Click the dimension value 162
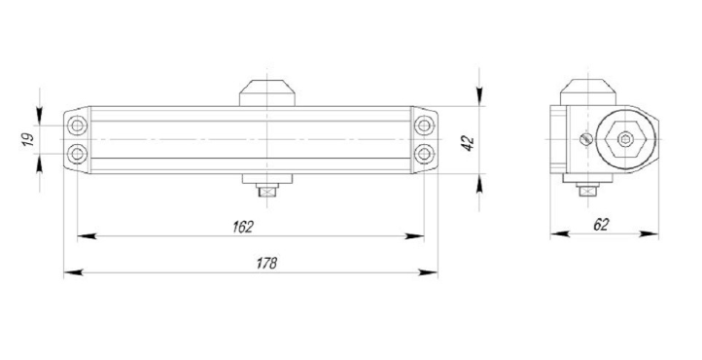(x=243, y=227)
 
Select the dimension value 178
(x=266, y=263)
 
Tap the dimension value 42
(x=468, y=143)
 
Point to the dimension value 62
(x=601, y=225)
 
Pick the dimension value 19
(x=28, y=140)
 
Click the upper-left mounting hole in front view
(x=77, y=126)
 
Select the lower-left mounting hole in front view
(x=77, y=154)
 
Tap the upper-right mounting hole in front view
(x=424, y=126)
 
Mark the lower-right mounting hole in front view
(x=424, y=154)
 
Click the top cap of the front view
(x=267, y=93)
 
